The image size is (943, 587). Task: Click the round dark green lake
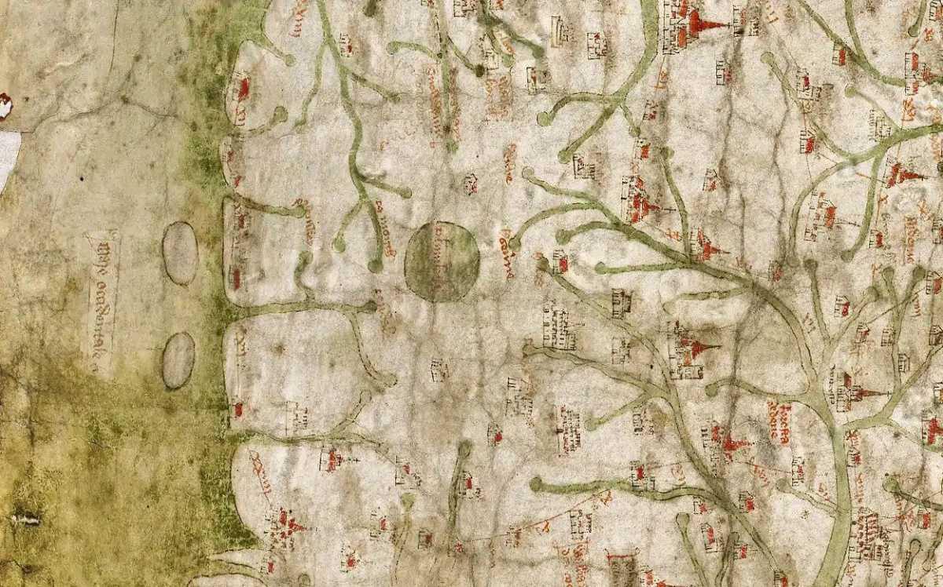442,261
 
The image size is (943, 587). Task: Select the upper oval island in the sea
180,253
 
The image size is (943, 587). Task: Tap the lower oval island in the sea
178,360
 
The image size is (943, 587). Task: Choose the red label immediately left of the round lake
385,219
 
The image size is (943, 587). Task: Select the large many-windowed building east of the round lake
558,328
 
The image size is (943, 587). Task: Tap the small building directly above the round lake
470,184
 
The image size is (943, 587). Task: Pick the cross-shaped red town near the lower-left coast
284,523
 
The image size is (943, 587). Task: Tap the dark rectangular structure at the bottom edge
622,570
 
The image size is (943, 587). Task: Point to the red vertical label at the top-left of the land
299,17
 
